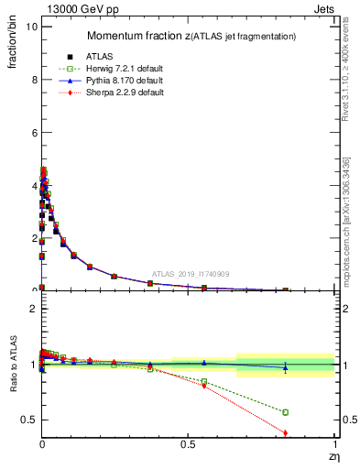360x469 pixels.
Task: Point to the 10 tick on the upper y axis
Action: pyautogui.click(x=30, y=27)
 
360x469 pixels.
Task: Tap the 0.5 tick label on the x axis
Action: pyautogui.click(x=188, y=445)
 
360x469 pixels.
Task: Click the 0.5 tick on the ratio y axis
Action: pyautogui.click(x=29, y=420)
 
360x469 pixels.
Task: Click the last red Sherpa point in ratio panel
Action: pyautogui.click(x=286, y=432)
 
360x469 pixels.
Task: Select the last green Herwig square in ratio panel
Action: pyautogui.click(x=286, y=412)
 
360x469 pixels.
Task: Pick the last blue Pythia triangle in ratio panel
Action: pyautogui.click(x=286, y=367)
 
